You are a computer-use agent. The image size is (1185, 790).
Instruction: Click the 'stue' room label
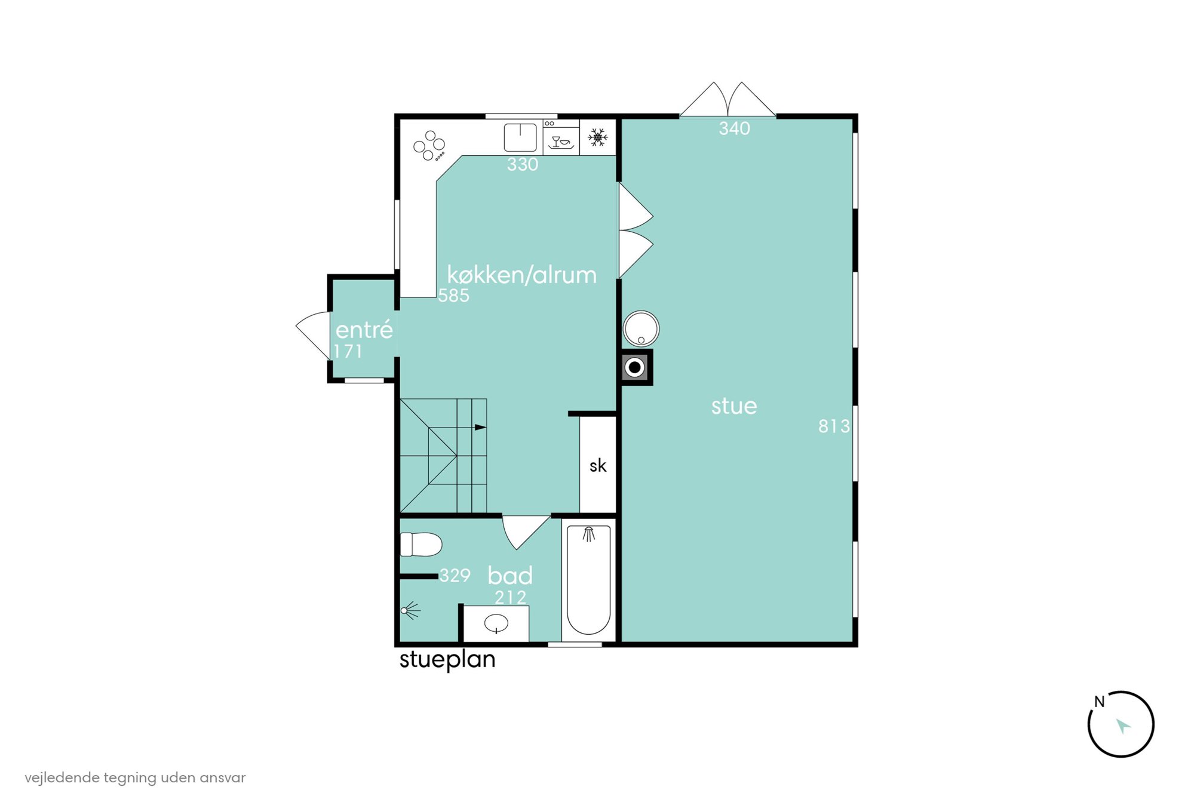733,407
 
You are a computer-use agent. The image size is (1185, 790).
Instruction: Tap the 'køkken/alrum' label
521,275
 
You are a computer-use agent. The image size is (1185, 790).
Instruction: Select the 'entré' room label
364,329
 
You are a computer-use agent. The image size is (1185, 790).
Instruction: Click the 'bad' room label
509,576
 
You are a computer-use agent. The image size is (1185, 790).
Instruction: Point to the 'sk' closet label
598,466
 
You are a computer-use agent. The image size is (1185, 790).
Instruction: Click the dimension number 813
834,426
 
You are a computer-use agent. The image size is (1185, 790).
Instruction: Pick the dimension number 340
734,128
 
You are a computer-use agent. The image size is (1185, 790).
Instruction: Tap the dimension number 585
453,296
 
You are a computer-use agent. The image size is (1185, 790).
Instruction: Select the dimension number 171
348,351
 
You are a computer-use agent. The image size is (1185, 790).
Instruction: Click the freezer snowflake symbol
597,137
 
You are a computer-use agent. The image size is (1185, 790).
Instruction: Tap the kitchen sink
520,137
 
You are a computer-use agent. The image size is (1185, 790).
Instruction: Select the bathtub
588,580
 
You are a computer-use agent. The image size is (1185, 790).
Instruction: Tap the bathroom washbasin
496,624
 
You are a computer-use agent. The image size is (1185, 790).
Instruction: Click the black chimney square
635,367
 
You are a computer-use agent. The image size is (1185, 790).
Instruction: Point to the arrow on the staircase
480,428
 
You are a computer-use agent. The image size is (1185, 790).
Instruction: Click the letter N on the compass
1099,702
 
